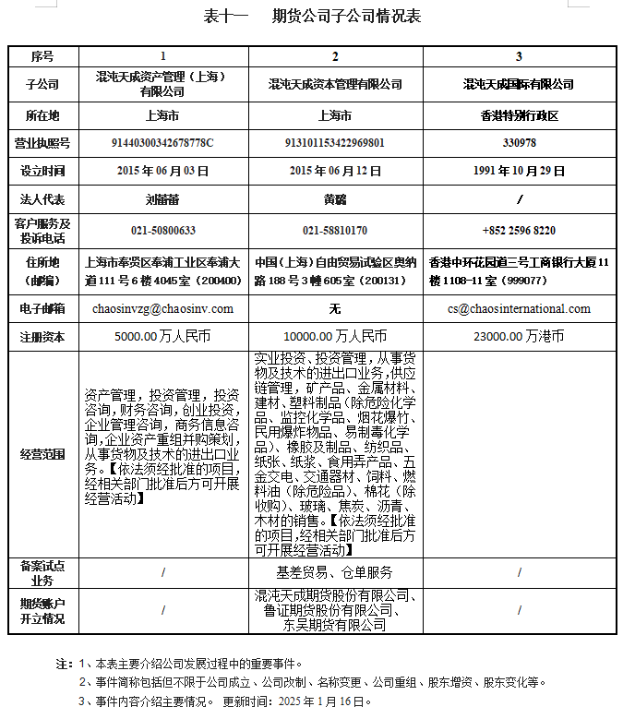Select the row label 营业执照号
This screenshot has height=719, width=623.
click(x=43, y=143)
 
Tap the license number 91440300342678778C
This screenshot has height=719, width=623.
click(x=162, y=143)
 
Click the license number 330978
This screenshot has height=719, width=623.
click(x=520, y=143)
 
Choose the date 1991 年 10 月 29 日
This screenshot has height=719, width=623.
click(x=520, y=171)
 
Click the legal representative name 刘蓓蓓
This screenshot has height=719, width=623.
click(x=162, y=198)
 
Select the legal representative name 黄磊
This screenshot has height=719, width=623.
click(x=335, y=198)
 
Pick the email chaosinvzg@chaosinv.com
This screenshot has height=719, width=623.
click(x=162, y=308)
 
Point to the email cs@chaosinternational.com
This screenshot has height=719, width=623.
click(x=520, y=308)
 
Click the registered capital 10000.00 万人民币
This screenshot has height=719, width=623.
click(x=335, y=337)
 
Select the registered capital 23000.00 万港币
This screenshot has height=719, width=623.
click(x=520, y=337)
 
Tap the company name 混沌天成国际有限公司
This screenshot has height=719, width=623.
click(x=520, y=84)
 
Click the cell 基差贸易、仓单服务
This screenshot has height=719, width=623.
click(x=335, y=572)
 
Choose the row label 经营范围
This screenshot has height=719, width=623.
click(x=43, y=454)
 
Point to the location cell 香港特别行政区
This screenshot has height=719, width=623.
click(x=520, y=116)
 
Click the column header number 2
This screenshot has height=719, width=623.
click(x=335, y=56)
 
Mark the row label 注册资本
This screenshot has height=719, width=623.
click(x=43, y=337)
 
